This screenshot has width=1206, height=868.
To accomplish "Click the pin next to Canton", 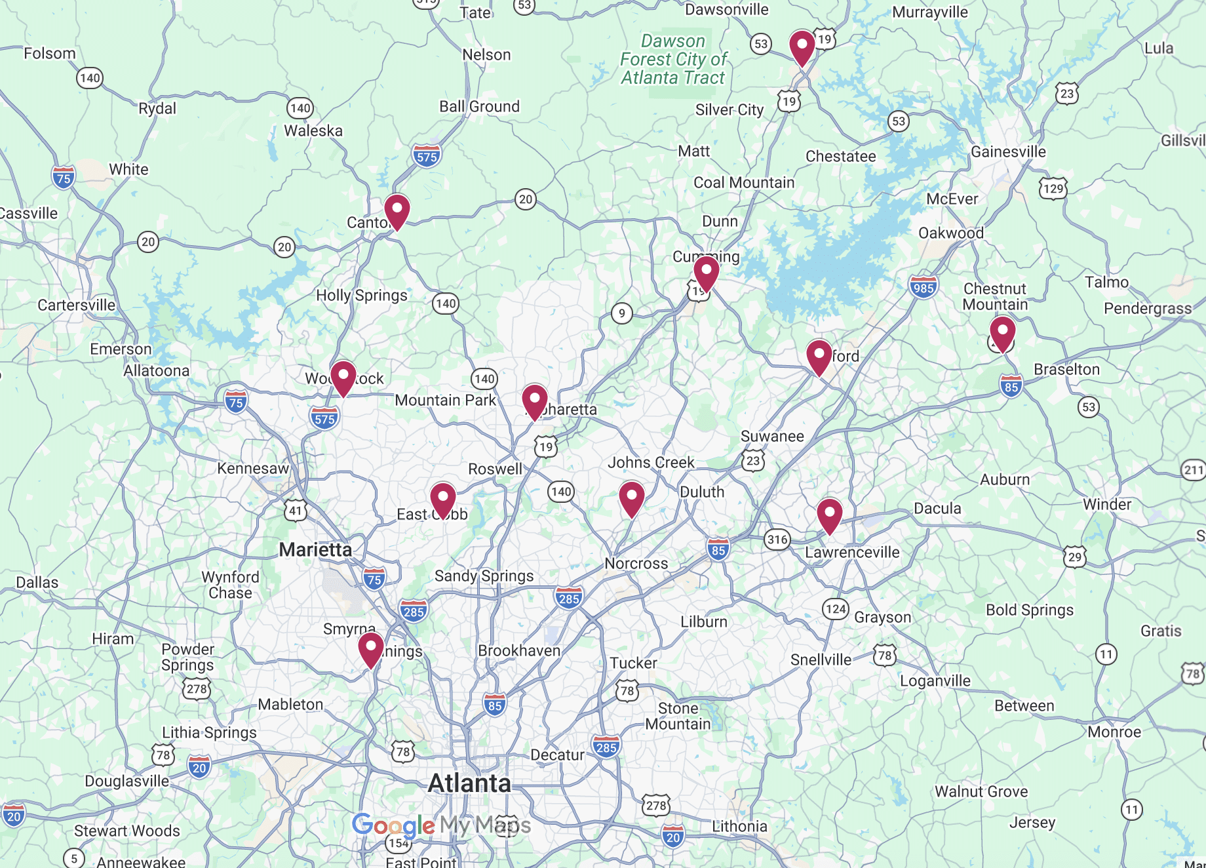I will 397,210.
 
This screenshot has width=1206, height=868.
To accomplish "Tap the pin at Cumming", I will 706,272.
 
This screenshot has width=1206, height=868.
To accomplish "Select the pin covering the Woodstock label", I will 343,377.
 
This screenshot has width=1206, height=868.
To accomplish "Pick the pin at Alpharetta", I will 535,401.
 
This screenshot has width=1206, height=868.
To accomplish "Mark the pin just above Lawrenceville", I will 829,515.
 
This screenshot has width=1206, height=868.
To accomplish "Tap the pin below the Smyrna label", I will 371,648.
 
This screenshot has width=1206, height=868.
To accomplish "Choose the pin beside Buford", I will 819,356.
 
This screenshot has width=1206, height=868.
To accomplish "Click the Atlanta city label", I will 469,783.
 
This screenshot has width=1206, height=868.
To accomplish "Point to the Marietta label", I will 315,549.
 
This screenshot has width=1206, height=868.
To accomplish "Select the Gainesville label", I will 1008,152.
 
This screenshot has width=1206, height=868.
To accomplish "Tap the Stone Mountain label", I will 678,717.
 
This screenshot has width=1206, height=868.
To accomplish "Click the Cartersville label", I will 76,306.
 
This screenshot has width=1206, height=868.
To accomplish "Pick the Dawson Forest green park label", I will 673,60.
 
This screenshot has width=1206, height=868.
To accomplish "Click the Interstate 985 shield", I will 923,288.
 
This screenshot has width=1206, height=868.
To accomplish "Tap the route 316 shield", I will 777,540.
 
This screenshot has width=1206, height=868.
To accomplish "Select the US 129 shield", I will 1053,189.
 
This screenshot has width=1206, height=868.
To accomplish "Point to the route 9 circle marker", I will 622,313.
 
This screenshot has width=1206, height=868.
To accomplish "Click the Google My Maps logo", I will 441,825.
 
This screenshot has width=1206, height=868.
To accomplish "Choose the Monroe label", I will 1114,732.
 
